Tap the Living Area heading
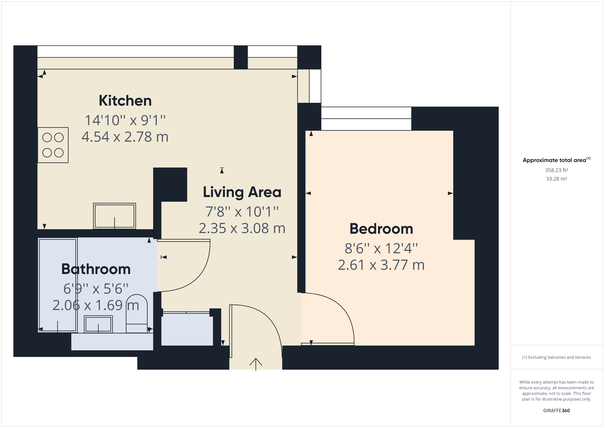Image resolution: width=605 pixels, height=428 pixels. click(242, 192)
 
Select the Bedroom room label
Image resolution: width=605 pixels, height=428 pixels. click(381, 229)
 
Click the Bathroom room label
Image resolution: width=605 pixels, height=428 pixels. click(96, 269)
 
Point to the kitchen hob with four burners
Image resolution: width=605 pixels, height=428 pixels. click(53, 145)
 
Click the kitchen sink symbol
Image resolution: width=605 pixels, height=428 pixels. click(114, 216)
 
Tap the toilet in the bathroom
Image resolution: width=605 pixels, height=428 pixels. click(137, 314)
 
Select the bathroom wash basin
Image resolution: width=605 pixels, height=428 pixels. click(98, 324)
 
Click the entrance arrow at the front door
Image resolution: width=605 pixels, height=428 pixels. click(256, 364)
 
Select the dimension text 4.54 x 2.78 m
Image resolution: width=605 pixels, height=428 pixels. click(125, 137)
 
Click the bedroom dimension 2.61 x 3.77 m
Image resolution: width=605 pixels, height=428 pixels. click(381, 265)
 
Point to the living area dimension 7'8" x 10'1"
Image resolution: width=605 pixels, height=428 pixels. click(242, 212)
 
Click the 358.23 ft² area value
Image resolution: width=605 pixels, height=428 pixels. click(556, 170)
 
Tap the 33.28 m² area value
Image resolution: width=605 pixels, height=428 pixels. click(556, 179)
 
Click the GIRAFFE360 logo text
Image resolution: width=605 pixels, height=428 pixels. click(556, 410)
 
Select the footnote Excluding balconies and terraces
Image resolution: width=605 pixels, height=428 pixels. click(556, 357)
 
